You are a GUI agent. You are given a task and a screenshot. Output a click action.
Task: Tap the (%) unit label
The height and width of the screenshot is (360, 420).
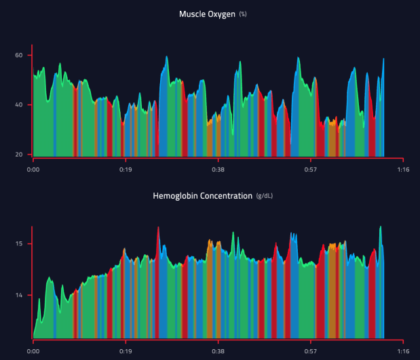pos(242,14)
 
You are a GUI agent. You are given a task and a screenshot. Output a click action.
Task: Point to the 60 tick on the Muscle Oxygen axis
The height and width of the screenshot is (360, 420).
pos(19,55)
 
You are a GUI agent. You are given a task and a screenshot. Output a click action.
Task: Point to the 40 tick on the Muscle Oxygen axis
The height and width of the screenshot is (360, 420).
pos(19,104)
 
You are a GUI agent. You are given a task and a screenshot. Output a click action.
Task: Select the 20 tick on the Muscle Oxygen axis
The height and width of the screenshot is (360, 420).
pos(19,155)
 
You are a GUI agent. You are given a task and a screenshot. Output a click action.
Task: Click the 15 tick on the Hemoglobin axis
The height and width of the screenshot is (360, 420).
pos(20,243)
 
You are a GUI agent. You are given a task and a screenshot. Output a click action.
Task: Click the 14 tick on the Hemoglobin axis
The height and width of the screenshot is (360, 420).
pos(20,296)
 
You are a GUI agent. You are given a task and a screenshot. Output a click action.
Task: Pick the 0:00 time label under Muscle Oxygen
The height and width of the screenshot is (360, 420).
pos(33,169)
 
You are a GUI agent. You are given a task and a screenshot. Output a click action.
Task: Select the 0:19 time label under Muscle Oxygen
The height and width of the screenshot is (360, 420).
pos(125,169)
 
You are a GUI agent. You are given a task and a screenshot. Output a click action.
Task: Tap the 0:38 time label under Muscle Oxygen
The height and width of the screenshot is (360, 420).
pos(218,169)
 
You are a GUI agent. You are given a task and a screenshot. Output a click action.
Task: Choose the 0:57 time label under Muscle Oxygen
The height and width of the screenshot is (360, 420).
pos(310,169)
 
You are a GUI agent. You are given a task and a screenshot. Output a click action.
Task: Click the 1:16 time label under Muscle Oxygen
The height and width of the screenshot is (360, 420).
pos(402,169)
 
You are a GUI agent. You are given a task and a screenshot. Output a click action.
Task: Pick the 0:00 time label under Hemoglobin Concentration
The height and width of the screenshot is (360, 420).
pos(33,352)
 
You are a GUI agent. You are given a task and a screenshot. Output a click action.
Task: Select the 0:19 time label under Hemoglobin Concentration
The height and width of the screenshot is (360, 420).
pos(125,352)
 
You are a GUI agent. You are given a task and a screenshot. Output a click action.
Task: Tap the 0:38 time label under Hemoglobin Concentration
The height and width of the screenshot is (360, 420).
pos(218,352)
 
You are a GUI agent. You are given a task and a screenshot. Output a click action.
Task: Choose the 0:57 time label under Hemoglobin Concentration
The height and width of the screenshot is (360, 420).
pos(310,352)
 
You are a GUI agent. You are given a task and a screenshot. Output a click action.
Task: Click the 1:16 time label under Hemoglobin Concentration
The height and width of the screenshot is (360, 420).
pos(402,352)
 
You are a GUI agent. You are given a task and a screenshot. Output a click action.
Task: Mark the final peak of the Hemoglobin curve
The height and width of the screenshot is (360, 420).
pos(381,227)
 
